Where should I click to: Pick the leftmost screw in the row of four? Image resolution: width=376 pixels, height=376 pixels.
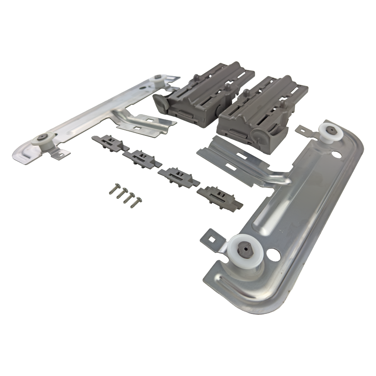point(114,188)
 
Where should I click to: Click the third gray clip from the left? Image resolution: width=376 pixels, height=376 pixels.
point(178,176)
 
